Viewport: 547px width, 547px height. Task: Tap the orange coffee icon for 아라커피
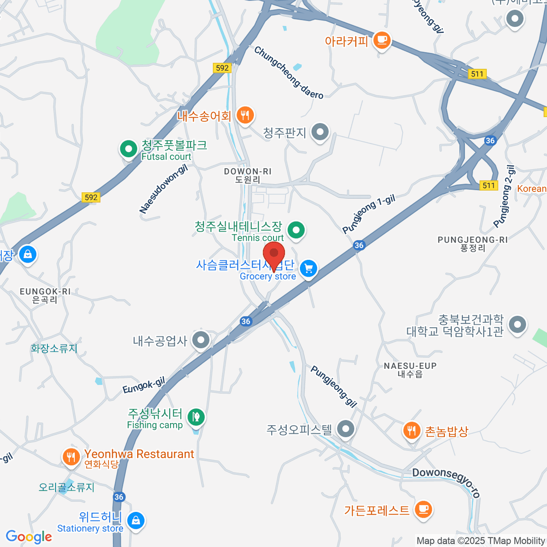click(x=382, y=41)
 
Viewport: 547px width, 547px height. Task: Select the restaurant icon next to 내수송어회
click(x=245, y=115)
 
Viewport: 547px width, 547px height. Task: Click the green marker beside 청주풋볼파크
click(x=129, y=149)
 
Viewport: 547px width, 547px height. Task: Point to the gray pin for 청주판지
click(x=320, y=132)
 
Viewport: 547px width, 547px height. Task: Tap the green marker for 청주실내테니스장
click(x=297, y=230)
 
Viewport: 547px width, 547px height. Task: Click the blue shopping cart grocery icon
click(x=309, y=268)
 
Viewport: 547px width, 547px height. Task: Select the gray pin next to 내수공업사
click(x=201, y=340)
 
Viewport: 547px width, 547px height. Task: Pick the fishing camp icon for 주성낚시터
click(x=196, y=416)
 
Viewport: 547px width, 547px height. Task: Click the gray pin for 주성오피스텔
click(x=346, y=429)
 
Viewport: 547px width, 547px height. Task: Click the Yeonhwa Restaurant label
click(x=139, y=454)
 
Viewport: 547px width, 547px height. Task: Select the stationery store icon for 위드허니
click(x=136, y=520)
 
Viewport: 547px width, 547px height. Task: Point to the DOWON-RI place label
click(x=248, y=171)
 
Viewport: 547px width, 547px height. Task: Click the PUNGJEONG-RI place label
click(x=473, y=240)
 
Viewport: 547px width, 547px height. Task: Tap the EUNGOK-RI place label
click(x=45, y=291)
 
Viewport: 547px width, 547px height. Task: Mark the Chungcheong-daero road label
click(x=289, y=73)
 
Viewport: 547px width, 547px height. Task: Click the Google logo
click(x=29, y=537)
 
